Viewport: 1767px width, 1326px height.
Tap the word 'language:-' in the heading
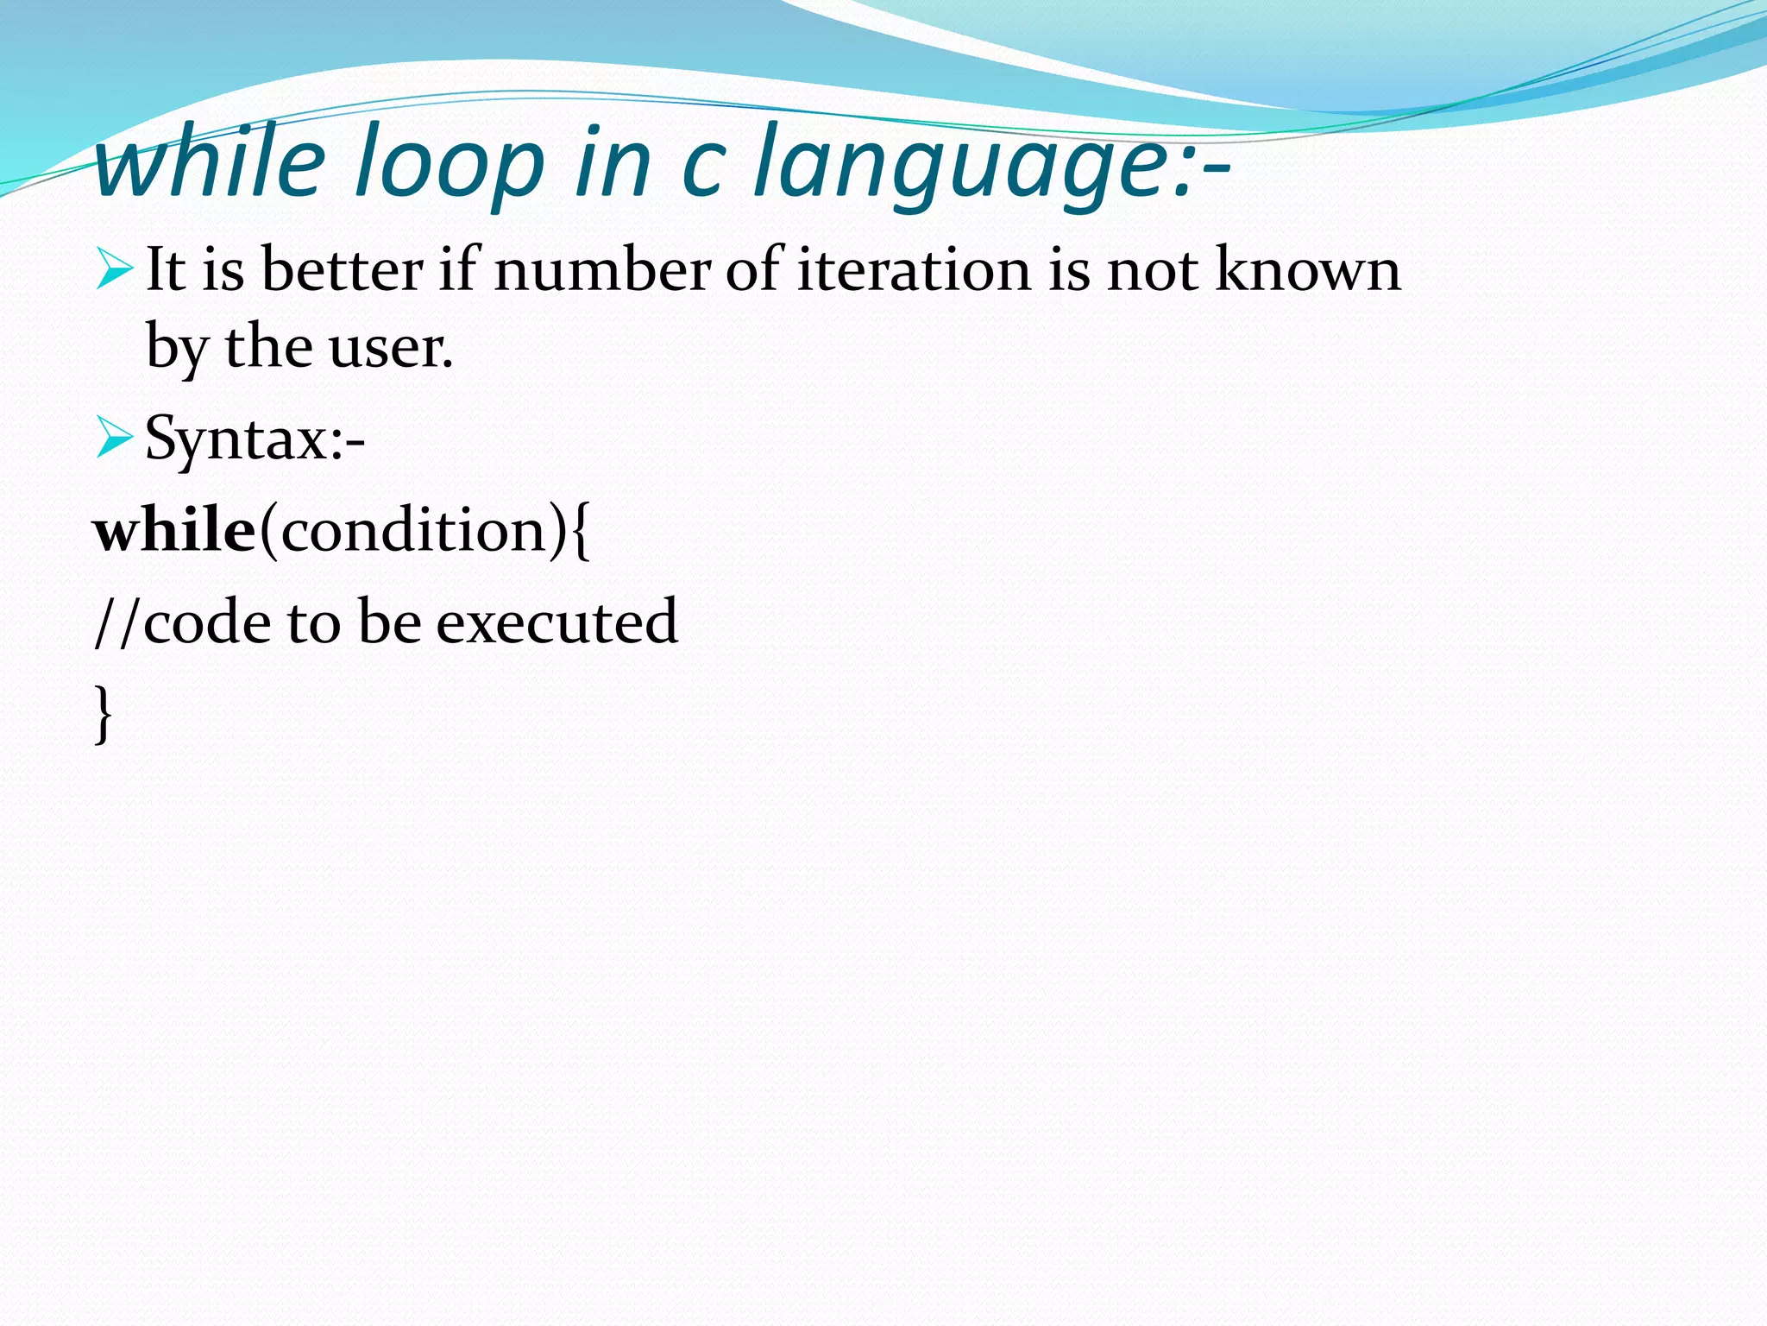click(x=992, y=164)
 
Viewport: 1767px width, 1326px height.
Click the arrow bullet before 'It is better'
click(x=114, y=268)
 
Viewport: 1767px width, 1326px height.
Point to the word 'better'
click(x=343, y=269)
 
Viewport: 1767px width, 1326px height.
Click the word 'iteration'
click(x=914, y=269)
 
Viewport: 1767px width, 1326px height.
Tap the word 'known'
click(x=1308, y=269)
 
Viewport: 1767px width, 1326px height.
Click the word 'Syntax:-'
click(x=255, y=439)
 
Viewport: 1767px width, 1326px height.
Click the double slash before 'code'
click(x=116, y=622)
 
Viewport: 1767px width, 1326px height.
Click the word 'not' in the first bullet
click(x=1153, y=269)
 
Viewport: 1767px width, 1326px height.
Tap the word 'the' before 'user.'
click(x=268, y=348)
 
